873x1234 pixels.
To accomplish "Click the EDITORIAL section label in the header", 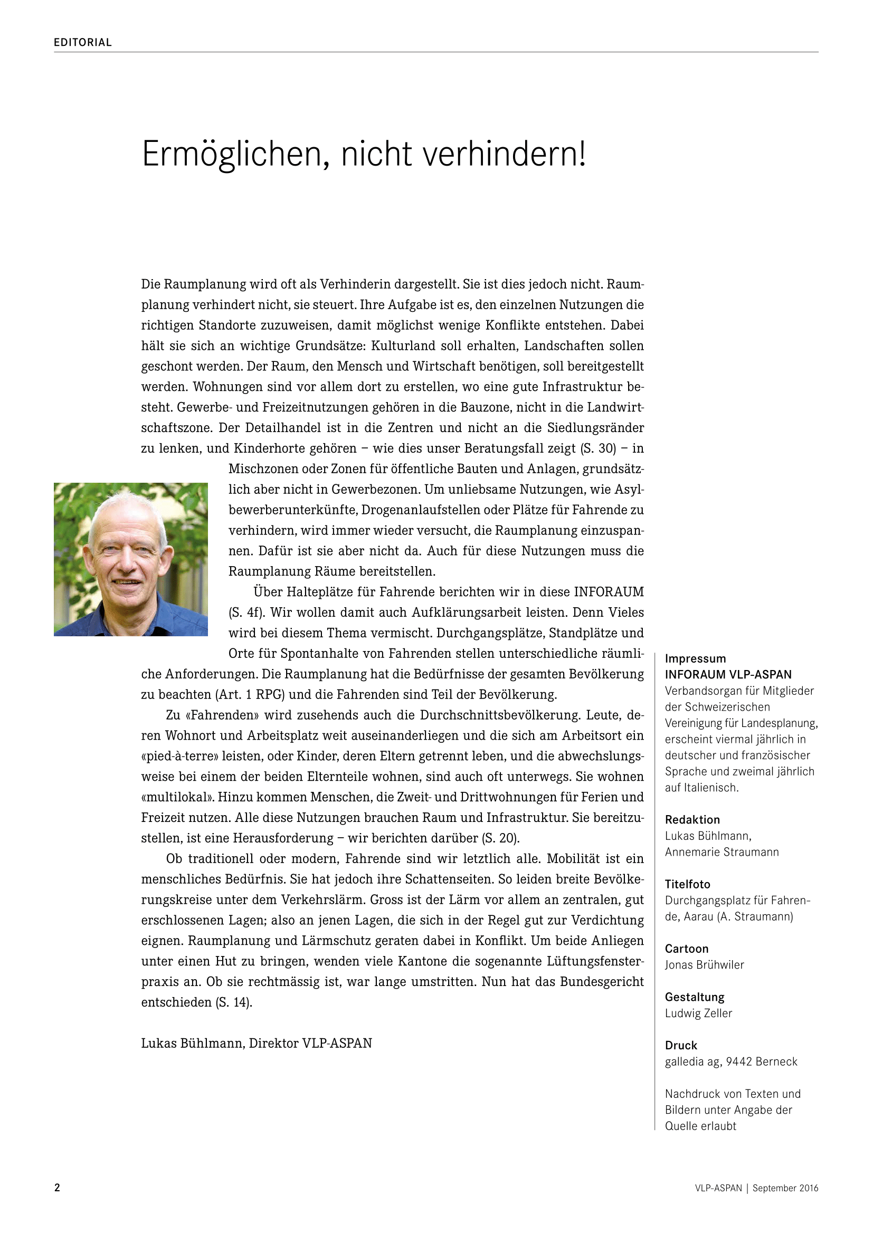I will click(83, 42).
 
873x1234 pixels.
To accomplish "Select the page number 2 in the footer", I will click(57, 1188).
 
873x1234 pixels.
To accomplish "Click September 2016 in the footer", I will click(785, 1188).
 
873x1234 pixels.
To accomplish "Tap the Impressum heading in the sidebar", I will click(695, 658).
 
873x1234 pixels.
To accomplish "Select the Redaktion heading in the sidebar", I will click(692, 820).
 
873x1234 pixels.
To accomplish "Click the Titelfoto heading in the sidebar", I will click(688, 884).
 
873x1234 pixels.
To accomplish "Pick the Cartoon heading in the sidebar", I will click(687, 949).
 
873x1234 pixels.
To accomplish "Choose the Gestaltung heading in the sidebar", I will click(695, 997).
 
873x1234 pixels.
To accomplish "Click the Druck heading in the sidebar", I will click(681, 1045).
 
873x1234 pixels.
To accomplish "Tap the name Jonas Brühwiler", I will click(704, 965).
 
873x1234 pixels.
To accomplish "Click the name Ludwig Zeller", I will click(698, 1013).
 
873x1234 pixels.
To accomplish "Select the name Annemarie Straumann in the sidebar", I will click(722, 852).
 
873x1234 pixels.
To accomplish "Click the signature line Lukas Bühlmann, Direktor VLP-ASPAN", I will click(257, 1043).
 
